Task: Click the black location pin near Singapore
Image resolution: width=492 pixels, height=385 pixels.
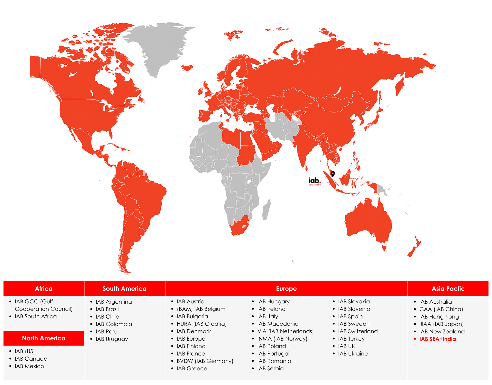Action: point(333,174)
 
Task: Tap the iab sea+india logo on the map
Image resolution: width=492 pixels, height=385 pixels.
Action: point(315,181)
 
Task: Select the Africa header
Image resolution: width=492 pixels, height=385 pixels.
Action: point(44,288)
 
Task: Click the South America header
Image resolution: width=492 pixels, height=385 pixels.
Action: point(125,288)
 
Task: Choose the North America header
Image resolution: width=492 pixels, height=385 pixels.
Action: point(44,338)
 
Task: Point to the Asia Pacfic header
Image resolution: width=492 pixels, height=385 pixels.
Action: point(448,288)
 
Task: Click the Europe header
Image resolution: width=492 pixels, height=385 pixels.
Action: point(286,288)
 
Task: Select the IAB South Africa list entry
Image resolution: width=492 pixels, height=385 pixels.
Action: point(36,316)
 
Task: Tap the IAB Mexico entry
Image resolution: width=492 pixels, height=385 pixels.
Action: point(29,366)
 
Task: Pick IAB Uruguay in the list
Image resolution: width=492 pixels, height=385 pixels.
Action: point(111,339)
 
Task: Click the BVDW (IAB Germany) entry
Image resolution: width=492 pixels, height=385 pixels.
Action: point(205,361)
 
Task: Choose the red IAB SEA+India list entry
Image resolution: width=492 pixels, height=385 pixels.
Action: point(437,339)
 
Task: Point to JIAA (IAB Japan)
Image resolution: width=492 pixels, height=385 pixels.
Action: point(441,324)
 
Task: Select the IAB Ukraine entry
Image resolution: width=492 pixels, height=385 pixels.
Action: point(353,353)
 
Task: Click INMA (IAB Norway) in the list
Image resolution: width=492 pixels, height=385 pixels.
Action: point(282,339)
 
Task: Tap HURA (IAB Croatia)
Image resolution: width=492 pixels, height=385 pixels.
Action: point(201,324)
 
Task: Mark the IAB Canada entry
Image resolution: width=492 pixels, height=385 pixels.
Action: point(31,359)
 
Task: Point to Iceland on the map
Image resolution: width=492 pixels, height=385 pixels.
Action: point(187,68)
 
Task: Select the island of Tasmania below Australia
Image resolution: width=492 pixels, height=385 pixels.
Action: point(384,247)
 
